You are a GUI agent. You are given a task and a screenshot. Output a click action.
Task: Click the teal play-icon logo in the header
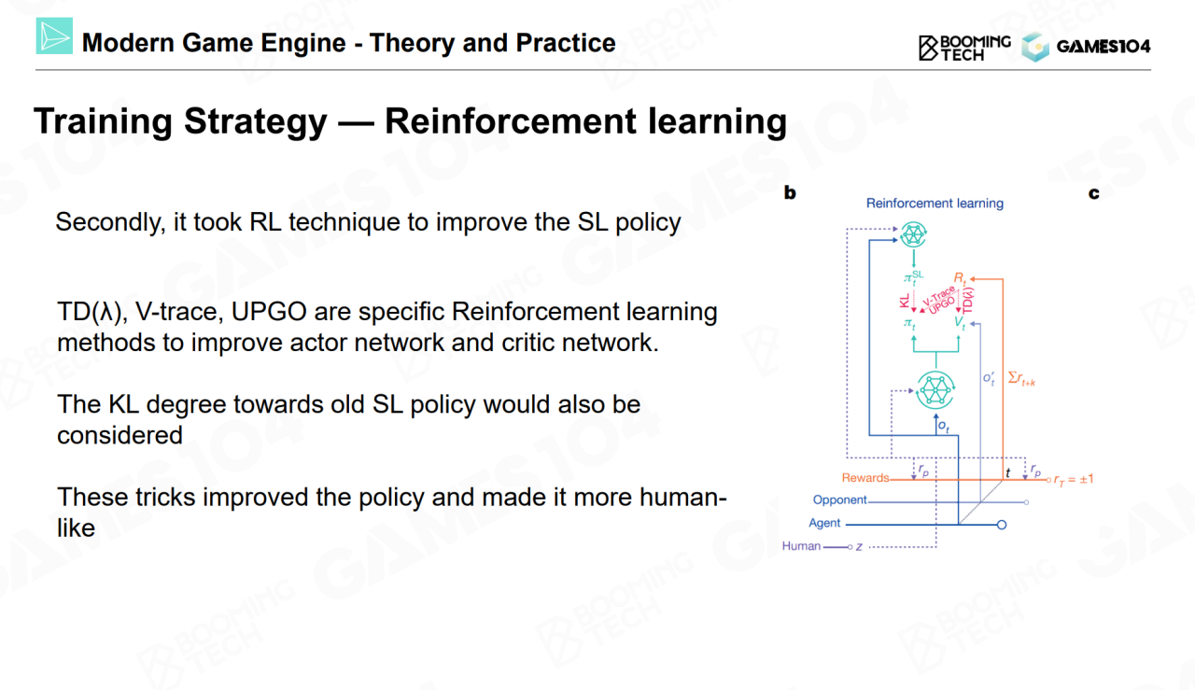coord(54,35)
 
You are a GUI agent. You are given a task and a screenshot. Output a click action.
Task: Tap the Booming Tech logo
coord(964,48)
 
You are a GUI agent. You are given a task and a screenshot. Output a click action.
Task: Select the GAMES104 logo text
coord(1104,47)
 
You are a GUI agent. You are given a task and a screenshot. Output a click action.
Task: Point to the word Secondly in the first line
coord(110,222)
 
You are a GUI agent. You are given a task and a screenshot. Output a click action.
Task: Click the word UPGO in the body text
coord(269,312)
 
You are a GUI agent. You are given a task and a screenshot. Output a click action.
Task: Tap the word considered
coord(120,435)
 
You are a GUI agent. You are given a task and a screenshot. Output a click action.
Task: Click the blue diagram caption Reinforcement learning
coord(935,204)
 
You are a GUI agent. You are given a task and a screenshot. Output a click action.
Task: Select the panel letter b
coord(790,192)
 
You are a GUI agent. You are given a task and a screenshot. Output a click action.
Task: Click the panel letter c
coord(1093,193)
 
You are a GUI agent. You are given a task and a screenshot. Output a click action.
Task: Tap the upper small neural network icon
coord(913,234)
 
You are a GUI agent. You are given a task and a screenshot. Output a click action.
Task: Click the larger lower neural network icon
coord(935,390)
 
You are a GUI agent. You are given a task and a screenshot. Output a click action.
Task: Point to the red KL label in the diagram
coord(905,301)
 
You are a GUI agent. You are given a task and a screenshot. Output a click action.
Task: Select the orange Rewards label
coord(865,478)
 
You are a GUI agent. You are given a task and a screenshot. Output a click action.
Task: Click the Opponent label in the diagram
coord(839,500)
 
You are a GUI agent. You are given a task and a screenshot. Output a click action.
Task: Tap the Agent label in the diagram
coord(824,524)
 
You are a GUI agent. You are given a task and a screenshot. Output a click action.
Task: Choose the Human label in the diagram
coord(801,546)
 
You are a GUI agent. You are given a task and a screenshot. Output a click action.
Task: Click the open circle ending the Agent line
coord(1002,525)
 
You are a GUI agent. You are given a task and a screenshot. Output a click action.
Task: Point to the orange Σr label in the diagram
coord(1021,379)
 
